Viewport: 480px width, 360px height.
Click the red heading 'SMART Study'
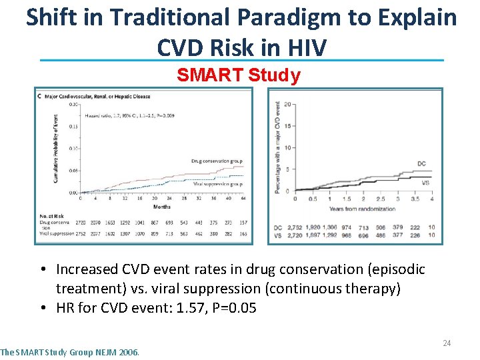coord(239,75)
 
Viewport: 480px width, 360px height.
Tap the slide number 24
coord(447,343)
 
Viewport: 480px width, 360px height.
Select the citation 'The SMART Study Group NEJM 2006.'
coord(70,352)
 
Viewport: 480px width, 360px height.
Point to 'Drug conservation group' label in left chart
coord(217,161)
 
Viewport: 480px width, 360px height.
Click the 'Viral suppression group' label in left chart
coord(217,183)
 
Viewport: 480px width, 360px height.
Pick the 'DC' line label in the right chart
coord(421,163)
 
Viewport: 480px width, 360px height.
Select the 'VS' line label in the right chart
coord(425,181)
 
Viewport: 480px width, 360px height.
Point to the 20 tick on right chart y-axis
coord(287,105)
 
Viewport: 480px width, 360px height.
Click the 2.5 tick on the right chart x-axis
coord(380,199)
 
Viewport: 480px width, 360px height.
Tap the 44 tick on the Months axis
coord(243,198)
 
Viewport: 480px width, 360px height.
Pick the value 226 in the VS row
coord(415,235)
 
